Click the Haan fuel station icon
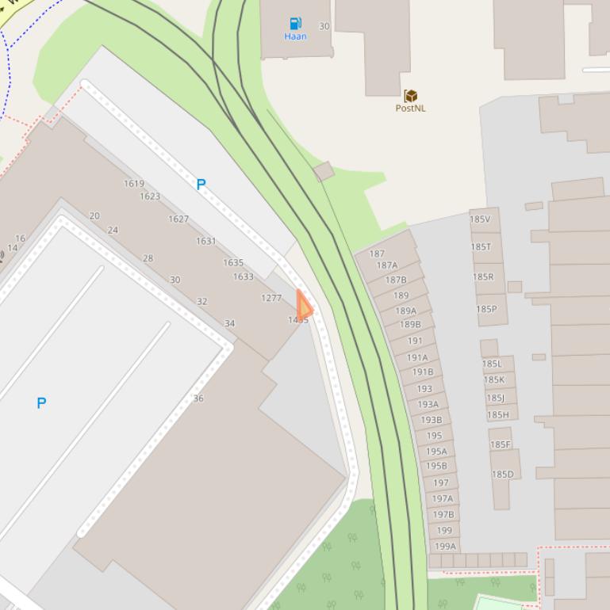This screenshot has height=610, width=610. click(295, 24)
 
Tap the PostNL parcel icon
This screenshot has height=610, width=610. click(410, 96)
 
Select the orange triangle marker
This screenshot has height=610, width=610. click(304, 306)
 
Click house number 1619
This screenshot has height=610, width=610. click(134, 184)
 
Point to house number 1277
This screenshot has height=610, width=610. click(271, 298)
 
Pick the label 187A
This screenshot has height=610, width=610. click(387, 265)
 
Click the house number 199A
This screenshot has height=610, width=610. click(446, 546)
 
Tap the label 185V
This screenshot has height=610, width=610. click(480, 219)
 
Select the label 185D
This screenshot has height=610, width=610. click(502, 475)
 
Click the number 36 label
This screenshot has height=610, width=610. click(198, 398)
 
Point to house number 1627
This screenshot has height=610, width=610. click(178, 219)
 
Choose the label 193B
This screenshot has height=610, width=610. click(432, 420)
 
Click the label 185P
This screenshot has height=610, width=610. click(486, 309)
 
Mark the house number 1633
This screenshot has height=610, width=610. click(244, 276)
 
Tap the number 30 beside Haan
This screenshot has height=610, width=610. click(324, 26)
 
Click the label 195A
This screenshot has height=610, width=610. click(436, 452)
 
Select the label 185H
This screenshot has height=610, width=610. click(498, 414)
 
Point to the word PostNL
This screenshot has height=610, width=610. click(410, 109)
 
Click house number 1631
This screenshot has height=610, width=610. click(206, 241)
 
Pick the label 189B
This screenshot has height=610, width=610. click(411, 325)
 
